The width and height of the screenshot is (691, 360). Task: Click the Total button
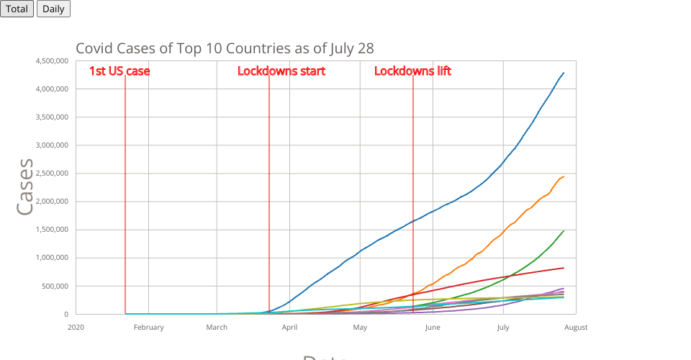click(17, 9)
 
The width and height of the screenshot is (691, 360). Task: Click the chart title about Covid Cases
click(225, 48)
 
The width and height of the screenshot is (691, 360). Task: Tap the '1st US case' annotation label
click(119, 71)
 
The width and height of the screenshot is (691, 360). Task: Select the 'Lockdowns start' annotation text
click(281, 71)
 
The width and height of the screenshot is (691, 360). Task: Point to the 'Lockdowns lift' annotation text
click(412, 71)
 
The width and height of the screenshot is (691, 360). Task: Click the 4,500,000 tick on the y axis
click(52, 61)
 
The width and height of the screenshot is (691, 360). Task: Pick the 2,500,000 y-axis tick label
click(52, 174)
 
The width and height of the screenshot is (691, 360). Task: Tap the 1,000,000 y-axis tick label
click(52, 258)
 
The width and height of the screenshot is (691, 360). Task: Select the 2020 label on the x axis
click(76, 328)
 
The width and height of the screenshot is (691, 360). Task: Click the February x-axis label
click(149, 328)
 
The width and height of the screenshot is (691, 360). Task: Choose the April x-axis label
click(290, 328)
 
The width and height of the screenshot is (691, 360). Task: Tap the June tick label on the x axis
click(433, 328)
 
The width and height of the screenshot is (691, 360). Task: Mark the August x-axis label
click(575, 328)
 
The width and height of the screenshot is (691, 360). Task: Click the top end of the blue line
click(564, 73)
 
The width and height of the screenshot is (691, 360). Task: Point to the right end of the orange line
click(564, 176)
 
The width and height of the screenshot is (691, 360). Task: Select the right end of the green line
click(564, 230)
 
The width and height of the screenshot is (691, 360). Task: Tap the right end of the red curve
click(564, 268)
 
